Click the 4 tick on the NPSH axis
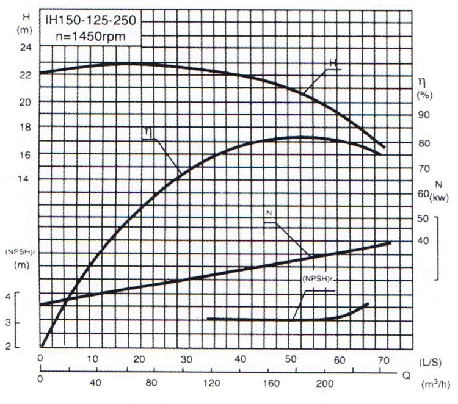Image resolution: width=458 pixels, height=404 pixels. pos(9,296)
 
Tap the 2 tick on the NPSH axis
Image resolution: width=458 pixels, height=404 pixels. pos(9,347)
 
